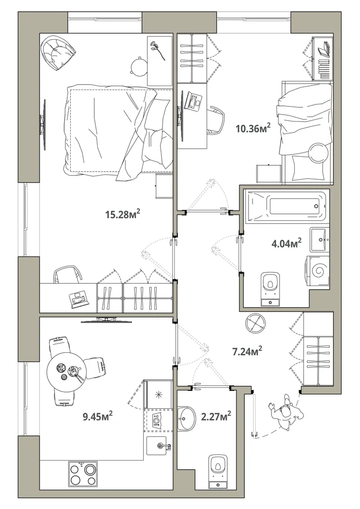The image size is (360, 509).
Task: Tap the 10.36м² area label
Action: pos(253,128)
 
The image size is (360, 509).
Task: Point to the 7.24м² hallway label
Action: pos(247,351)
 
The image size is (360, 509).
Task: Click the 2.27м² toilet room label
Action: pos(216,416)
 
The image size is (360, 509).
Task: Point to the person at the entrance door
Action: pos(286,413)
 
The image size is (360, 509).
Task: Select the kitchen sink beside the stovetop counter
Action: pos(159,446)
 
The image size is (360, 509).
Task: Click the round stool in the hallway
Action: pos(255,323)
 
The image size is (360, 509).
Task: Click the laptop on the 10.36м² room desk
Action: pos(193,102)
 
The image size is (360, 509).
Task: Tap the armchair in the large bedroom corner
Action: pos(59,52)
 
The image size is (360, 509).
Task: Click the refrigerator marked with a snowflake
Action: pos(159,394)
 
